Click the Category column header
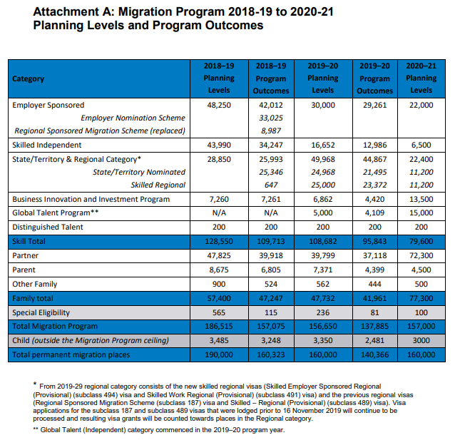pyautogui.click(x=29, y=79)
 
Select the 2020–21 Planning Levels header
pyautogui.click(x=421, y=78)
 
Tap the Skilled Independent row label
pyautogui.click(x=46, y=145)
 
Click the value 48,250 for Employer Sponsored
pyautogui.click(x=219, y=106)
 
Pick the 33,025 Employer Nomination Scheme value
pyautogui.click(x=271, y=118)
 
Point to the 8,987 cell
pyautogui.click(x=271, y=131)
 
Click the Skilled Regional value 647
pyautogui.click(x=271, y=185)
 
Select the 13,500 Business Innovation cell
pyautogui.click(x=421, y=199)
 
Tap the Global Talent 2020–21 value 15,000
pyautogui.click(x=421, y=213)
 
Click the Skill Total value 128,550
pyautogui.click(x=219, y=241)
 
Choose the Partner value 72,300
pyautogui.click(x=421, y=255)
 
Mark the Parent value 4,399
pyautogui.click(x=374, y=270)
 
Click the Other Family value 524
pyautogui.click(x=271, y=284)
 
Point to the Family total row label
pyautogui.click(x=33, y=298)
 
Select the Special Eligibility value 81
pyautogui.click(x=374, y=312)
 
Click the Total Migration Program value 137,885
pyautogui.click(x=374, y=327)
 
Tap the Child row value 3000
pyautogui.click(x=421, y=340)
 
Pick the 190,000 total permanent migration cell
pyautogui.click(x=219, y=354)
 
